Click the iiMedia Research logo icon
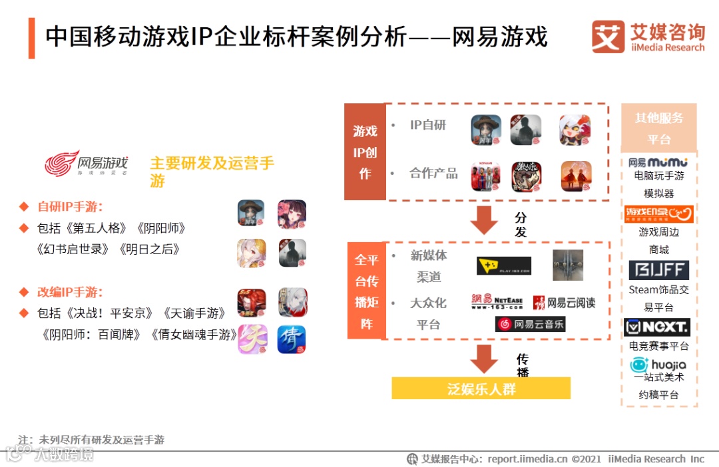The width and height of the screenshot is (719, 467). pos(608,37)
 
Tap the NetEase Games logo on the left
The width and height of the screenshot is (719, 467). pos(86,163)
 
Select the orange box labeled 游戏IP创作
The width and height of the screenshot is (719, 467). pos(365,152)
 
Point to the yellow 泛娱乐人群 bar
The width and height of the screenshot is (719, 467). pos(481,389)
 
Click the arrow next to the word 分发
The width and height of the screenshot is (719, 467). pos(484,220)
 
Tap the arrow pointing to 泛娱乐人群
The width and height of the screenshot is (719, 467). pos(484,359)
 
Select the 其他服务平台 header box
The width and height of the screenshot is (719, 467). pos(658,128)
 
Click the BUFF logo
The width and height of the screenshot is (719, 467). pos(658,270)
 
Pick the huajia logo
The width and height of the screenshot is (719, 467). pos(658,365)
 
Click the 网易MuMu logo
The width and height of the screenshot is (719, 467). pos(658,162)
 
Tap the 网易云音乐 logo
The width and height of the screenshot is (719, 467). pos(530,324)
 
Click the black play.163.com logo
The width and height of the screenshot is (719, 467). pos(504,266)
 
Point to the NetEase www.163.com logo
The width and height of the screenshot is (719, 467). pos(497,302)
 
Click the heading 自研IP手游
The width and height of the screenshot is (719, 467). pos(70,206)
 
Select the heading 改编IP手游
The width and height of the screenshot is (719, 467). pos(70,292)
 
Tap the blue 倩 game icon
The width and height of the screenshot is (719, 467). pos(292,339)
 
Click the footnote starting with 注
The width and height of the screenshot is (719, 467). pos(91,440)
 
